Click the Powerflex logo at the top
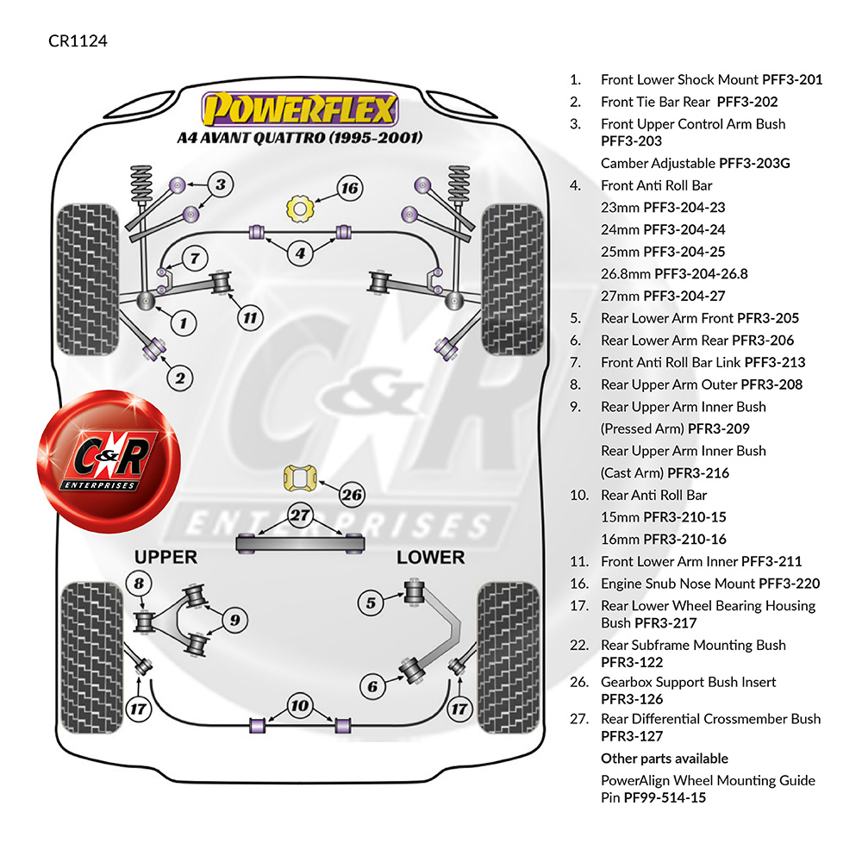(x=300, y=109)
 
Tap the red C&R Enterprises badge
(x=109, y=460)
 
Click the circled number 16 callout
(x=350, y=189)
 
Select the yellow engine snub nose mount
(x=300, y=209)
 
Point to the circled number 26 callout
(x=352, y=495)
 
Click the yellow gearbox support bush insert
(x=300, y=478)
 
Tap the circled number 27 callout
(x=300, y=515)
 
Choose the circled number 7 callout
(x=195, y=258)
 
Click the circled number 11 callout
(x=250, y=318)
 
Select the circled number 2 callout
(x=180, y=378)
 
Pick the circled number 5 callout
(x=371, y=603)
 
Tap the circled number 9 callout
(x=234, y=620)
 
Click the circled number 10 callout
(x=300, y=705)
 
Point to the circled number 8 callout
(x=139, y=584)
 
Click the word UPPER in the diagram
(x=166, y=557)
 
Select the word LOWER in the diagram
(x=430, y=558)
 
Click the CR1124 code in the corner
(x=78, y=41)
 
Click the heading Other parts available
(x=665, y=759)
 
